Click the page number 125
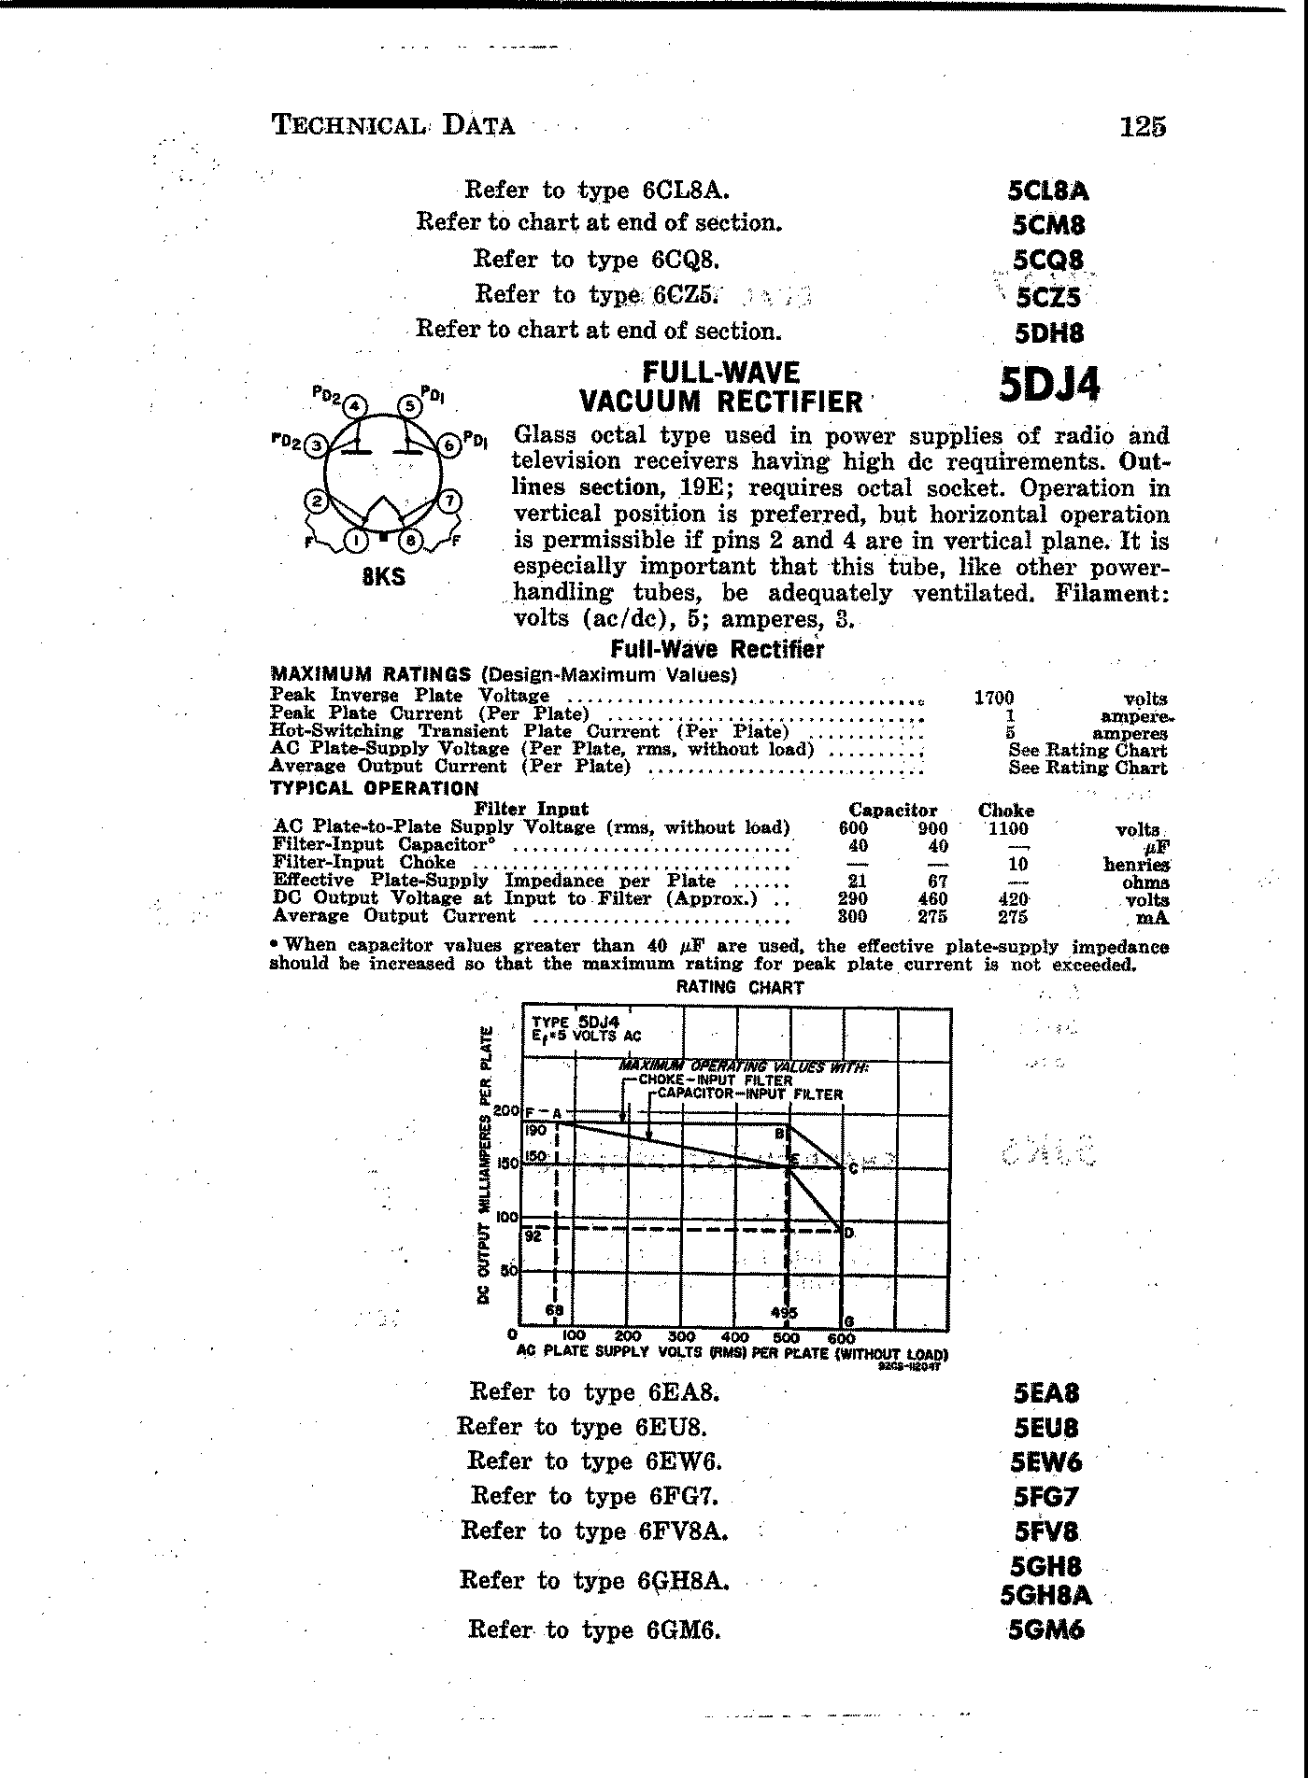click(x=1143, y=126)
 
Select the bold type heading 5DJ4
click(x=1049, y=384)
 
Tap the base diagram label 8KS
click(x=384, y=576)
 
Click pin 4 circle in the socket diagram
click(x=355, y=406)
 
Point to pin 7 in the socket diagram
click(x=450, y=501)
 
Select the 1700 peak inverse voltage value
click(x=993, y=698)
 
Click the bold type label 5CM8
click(x=1048, y=226)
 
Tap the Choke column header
click(x=1005, y=811)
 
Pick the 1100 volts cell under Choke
click(x=1007, y=828)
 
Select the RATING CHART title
click(x=739, y=987)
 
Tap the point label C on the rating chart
click(x=853, y=1168)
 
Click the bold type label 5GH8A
click(x=1045, y=1596)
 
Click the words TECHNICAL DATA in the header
click(x=392, y=125)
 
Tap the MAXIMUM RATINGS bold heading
click(x=370, y=674)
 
